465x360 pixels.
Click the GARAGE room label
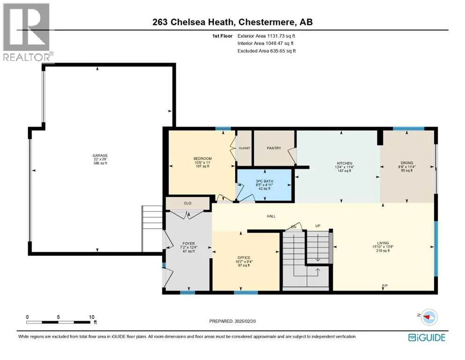tap(100, 156)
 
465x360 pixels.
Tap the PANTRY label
tap(274, 148)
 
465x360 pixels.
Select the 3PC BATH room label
tap(265, 181)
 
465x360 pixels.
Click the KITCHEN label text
tap(344, 163)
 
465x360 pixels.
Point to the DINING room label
tap(406, 163)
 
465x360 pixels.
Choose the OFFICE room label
tap(244, 258)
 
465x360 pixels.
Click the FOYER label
tap(189, 243)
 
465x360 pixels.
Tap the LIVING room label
tap(383, 243)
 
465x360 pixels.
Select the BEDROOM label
tap(203, 158)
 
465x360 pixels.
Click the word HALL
tap(271, 216)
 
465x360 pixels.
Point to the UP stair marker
tap(317, 226)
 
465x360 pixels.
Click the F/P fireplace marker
tap(384, 285)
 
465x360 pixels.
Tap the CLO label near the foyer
tap(187, 203)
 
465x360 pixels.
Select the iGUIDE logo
tap(427, 337)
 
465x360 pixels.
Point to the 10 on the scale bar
tap(92, 317)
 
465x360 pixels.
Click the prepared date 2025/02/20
tap(245, 321)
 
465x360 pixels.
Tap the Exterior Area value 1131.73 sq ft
tap(281, 36)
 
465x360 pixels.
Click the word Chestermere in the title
tap(267, 22)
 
